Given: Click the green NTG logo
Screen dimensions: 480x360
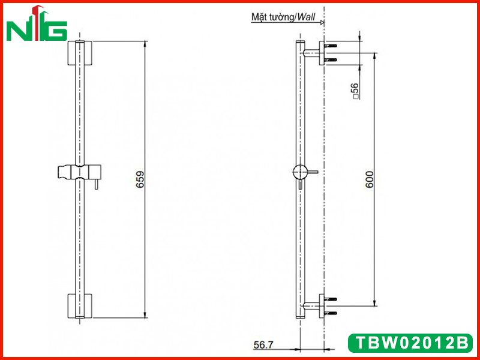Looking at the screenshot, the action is click(37, 23).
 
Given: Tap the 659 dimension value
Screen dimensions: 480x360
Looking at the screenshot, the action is click(140, 179).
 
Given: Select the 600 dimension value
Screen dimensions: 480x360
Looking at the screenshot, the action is click(370, 179).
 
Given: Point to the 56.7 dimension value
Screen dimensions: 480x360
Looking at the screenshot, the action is click(263, 345).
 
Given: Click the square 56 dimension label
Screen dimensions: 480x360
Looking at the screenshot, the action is click(355, 91).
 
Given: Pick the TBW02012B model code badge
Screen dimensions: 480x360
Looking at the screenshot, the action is click(410, 343).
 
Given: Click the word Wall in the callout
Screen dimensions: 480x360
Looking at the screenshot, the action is click(306, 17).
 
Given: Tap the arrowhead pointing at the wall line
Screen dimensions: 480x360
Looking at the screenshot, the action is click(322, 22).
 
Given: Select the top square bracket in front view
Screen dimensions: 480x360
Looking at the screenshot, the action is click(80, 53).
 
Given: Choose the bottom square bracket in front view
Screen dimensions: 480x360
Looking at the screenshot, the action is click(80, 306).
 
